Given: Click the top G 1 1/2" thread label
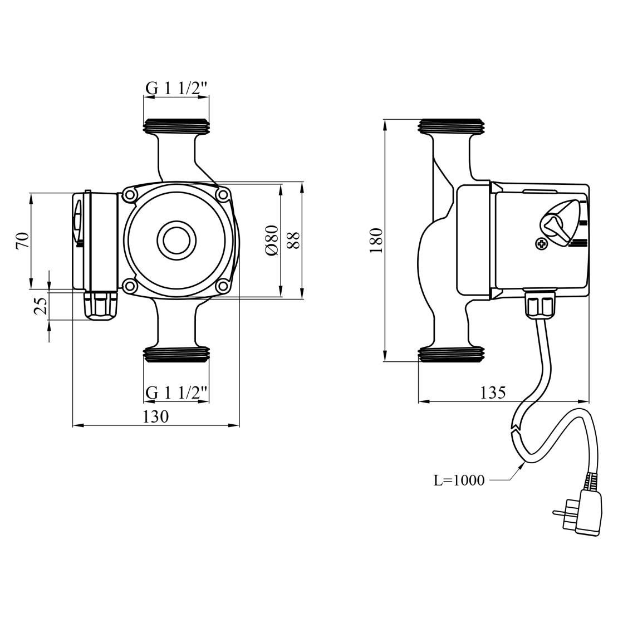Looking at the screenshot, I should coord(176,88).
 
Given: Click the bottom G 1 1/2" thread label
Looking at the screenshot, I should coord(176,393).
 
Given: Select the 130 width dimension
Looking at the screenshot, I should coord(155,416).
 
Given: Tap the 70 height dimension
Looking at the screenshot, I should coord(22,241).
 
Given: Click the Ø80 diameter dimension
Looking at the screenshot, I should coord(272,240).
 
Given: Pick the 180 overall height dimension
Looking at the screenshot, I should coord(376,240).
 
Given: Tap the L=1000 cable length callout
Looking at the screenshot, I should coord(459,480).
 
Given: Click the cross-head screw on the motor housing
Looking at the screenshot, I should coord(541,243).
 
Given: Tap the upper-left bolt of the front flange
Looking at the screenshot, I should coord(131,195).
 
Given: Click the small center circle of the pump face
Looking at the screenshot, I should coord(177,240).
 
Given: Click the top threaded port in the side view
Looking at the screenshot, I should coord(452,126).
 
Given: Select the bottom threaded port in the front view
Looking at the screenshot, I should coord(176,355).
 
